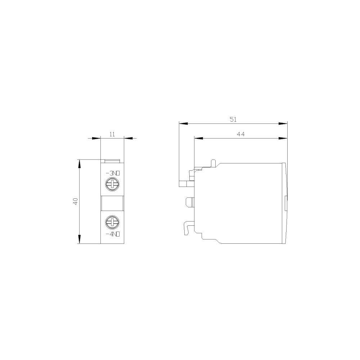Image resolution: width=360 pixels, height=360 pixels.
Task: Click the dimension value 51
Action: [233, 120]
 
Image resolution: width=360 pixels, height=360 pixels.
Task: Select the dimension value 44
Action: [240, 134]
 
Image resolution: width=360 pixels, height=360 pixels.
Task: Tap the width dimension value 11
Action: [112, 134]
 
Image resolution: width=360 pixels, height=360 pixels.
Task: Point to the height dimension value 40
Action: [76, 201]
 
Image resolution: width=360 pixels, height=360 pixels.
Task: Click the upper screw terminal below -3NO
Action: [112, 184]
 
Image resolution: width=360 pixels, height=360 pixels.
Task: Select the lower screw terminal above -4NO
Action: [112, 222]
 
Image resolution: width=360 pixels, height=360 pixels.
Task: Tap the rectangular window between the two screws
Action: [112, 203]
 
